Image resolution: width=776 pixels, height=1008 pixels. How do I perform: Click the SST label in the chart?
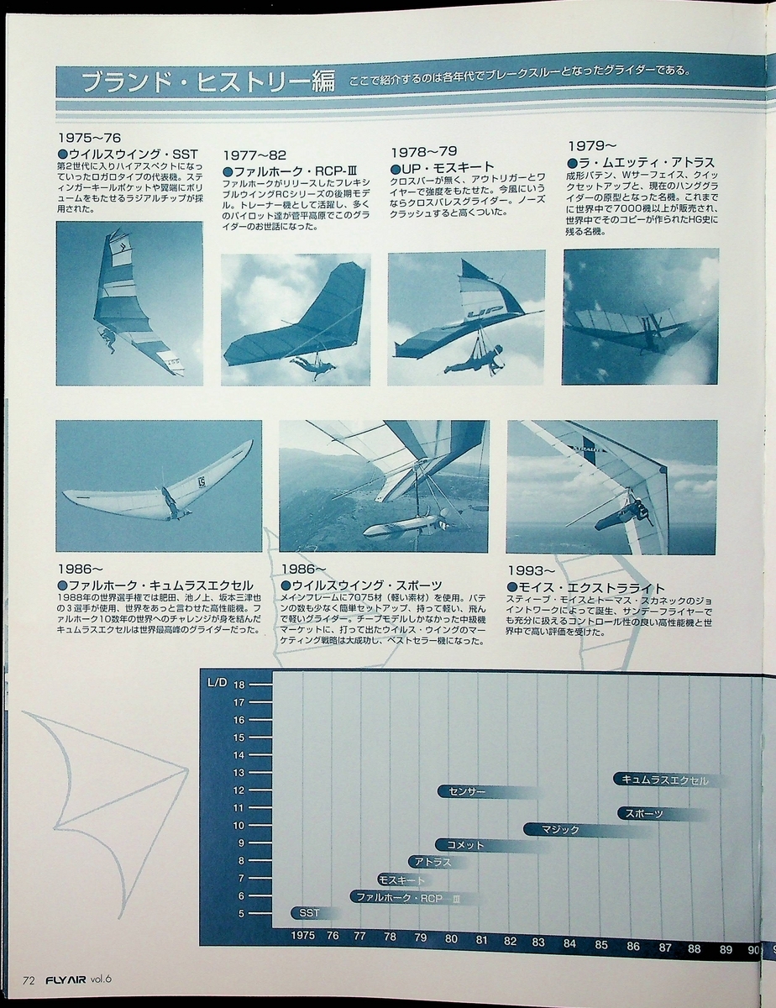pyautogui.click(x=309, y=912)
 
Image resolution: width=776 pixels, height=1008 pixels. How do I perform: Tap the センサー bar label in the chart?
pyautogui.click(x=467, y=791)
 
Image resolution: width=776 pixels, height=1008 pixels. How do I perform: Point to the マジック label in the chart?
pyautogui.click(x=560, y=829)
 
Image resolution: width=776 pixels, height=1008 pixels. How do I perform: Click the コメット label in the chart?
pyautogui.click(x=465, y=845)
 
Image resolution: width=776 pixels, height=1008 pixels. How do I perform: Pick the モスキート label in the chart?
pyautogui.click(x=401, y=879)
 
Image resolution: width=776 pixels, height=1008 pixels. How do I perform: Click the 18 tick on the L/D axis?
pyautogui.click(x=239, y=685)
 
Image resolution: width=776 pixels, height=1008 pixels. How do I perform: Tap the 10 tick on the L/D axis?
pyautogui.click(x=239, y=825)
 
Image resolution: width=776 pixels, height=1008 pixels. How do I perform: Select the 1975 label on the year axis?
pyautogui.click(x=302, y=935)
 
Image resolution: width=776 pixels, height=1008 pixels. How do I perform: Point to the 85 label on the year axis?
pyautogui.click(x=600, y=944)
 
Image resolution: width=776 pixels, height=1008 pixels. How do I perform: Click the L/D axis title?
pyautogui.click(x=217, y=683)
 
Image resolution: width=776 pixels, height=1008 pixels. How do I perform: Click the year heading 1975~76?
pyautogui.click(x=89, y=138)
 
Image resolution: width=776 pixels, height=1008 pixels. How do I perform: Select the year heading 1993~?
pyautogui.click(x=532, y=570)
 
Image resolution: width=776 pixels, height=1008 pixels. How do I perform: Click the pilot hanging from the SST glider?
pyautogui.click(x=108, y=340)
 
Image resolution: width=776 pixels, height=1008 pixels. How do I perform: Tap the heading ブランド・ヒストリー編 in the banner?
pyautogui.click(x=208, y=81)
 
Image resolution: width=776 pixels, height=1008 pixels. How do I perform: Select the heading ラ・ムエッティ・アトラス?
pyautogui.click(x=641, y=163)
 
